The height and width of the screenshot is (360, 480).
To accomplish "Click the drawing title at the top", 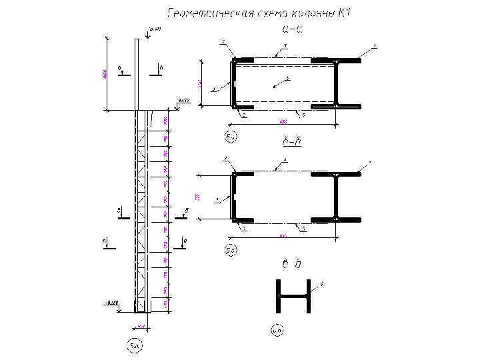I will pyautogui.click(x=263, y=13).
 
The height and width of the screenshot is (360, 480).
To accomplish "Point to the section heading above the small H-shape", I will pyautogui.click(x=292, y=265).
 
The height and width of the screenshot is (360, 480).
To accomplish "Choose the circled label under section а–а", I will pyautogui.click(x=231, y=137).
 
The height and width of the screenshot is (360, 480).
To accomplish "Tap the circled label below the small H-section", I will pyautogui.click(x=277, y=329).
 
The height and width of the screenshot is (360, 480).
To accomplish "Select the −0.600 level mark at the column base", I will pyautogui.click(x=111, y=303).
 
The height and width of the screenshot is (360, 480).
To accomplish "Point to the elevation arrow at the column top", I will pyautogui.click(x=149, y=35).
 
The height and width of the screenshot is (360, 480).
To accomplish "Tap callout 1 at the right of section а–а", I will pyautogui.click(x=375, y=46).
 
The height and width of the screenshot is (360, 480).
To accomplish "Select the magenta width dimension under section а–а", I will pyautogui.click(x=283, y=121).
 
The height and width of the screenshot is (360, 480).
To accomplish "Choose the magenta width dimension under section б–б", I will pyautogui.click(x=283, y=235).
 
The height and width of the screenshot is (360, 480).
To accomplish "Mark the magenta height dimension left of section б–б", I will pyautogui.click(x=197, y=197).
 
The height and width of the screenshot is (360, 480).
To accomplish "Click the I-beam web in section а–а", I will pyautogui.click(x=338, y=83).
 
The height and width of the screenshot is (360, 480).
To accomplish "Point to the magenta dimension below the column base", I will pyautogui.click(x=141, y=326).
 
